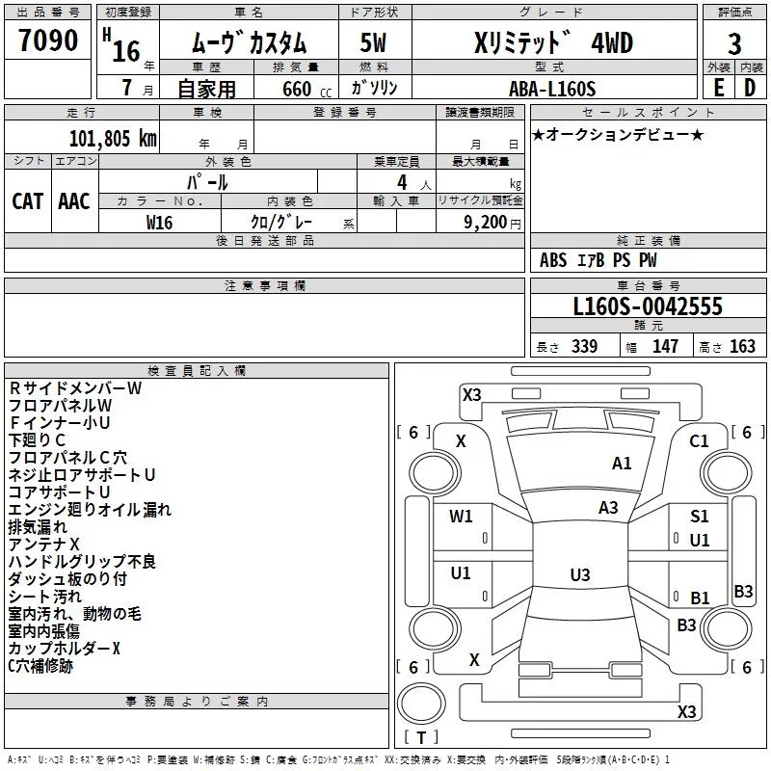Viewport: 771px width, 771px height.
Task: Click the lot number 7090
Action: [48, 40]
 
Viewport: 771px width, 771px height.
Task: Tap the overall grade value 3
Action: [734, 44]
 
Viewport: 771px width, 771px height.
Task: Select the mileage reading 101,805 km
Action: [113, 139]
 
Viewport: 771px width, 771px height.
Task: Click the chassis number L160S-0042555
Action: [648, 306]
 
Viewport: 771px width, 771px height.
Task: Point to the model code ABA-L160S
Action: [552, 89]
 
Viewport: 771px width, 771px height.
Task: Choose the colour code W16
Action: [159, 223]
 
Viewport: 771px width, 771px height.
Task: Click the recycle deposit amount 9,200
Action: [486, 223]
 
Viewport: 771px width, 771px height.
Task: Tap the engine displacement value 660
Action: [297, 89]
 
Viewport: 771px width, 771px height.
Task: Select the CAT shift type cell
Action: [28, 201]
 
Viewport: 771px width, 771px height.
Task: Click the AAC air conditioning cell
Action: [74, 201]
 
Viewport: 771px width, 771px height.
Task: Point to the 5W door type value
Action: [373, 42]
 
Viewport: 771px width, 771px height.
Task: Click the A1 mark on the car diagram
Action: [622, 464]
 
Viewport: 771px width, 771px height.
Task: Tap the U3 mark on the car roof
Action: [580, 574]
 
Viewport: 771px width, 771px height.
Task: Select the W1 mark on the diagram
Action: [461, 517]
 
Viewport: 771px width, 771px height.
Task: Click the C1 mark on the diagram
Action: [699, 441]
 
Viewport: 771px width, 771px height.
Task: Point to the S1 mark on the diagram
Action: [700, 517]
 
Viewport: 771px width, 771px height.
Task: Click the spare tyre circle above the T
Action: [421, 704]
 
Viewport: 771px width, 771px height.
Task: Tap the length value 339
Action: [584, 347]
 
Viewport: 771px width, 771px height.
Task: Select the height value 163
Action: [742, 347]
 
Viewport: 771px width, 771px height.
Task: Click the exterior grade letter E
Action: [719, 88]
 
